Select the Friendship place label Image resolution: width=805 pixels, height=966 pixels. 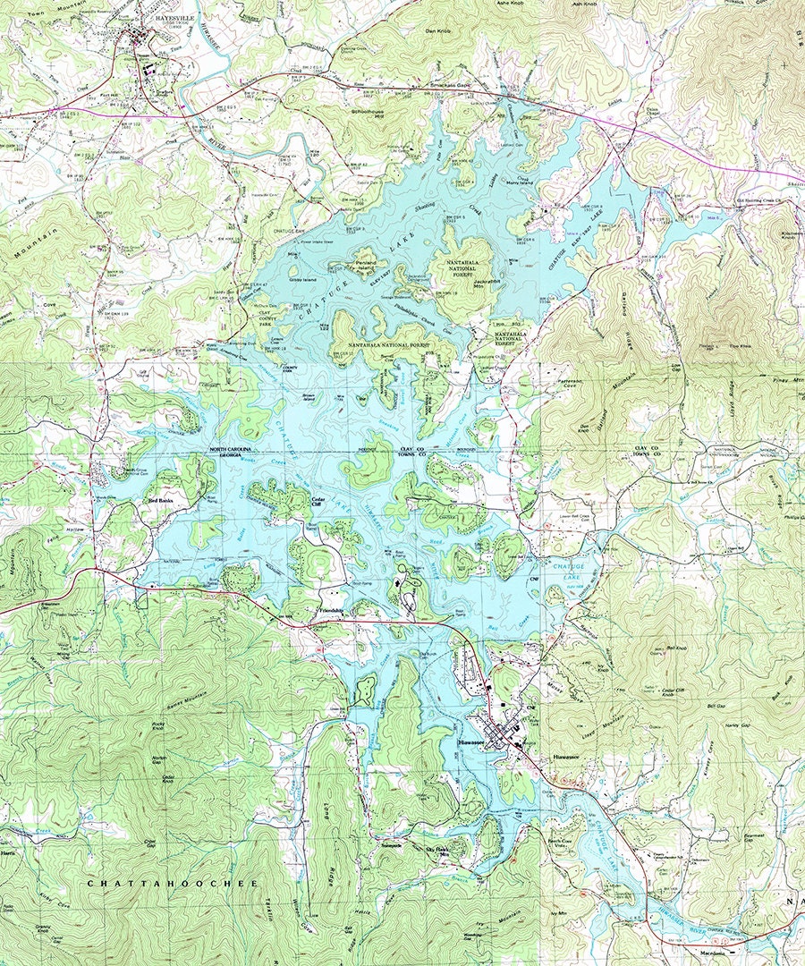pyautogui.click(x=332, y=610)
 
